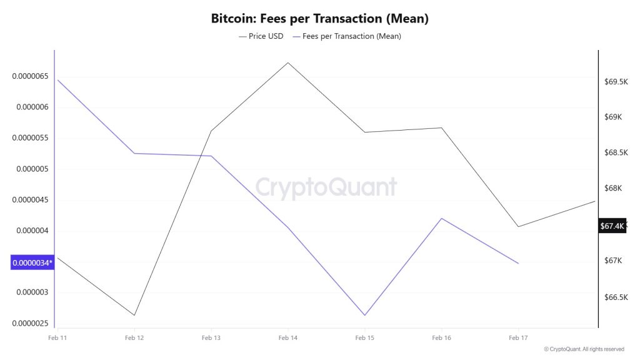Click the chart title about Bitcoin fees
319,19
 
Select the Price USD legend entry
261,36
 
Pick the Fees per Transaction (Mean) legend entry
347,36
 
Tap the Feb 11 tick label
57,338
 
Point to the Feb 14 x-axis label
288,338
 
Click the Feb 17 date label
518,338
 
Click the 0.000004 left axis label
32,231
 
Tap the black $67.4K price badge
612,226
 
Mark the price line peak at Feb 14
288,62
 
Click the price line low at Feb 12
134,315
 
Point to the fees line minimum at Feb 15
365,315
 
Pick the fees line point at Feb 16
442,218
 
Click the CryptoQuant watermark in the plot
326,187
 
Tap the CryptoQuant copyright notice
584,349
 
